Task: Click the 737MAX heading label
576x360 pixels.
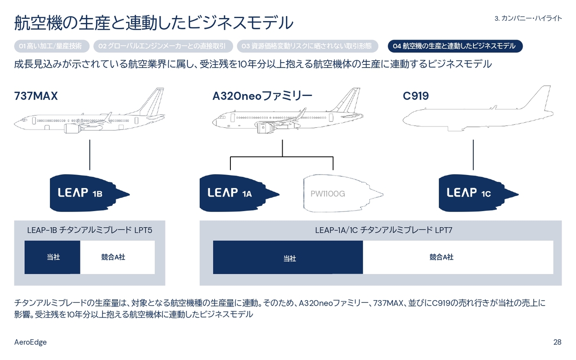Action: [36, 96]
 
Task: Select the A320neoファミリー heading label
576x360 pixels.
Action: [262, 96]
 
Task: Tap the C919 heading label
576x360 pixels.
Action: [415, 96]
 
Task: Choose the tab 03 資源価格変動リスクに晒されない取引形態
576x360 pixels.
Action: [306, 46]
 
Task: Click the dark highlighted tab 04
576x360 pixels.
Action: [454, 46]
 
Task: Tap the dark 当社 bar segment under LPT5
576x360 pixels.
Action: [53, 257]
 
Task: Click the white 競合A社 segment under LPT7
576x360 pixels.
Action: [458, 257]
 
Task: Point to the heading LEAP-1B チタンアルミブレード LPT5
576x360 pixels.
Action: [90, 230]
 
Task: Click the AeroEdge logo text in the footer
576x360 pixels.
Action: [31, 342]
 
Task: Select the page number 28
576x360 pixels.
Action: [557, 342]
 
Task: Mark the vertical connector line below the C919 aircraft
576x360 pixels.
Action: [473, 154]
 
